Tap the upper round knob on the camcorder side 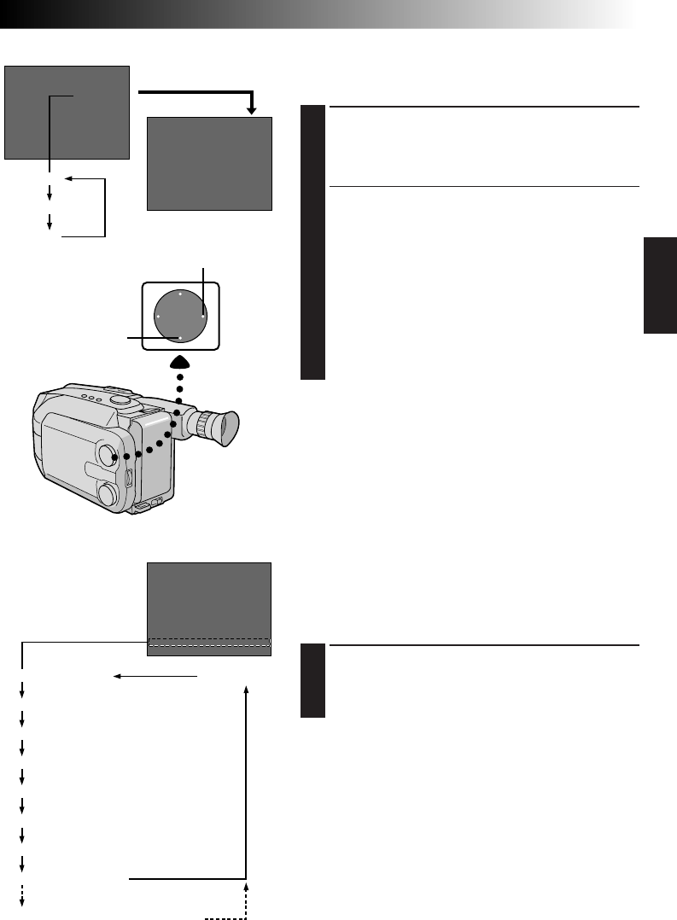(x=108, y=454)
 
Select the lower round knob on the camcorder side (x=108, y=493)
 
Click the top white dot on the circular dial (x=180, y=294)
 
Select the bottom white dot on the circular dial (x=180, y=338)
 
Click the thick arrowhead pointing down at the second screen (x=251, y=109)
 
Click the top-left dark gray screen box (x=67, y=112)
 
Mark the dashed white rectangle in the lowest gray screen (x=209, y=643)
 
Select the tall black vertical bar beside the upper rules (x=313, y=242)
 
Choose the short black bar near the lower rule (x=313, y=680)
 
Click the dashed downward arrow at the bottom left (x=21, y=895)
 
